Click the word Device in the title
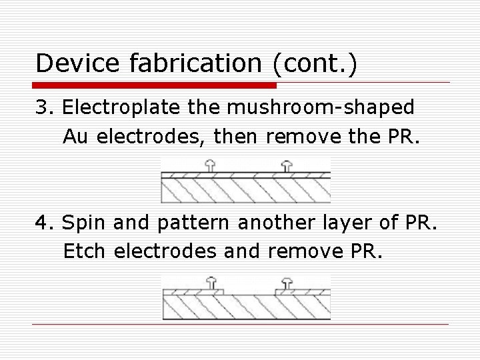click(x=73, y=63)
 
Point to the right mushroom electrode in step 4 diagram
click(x=287, y=283)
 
